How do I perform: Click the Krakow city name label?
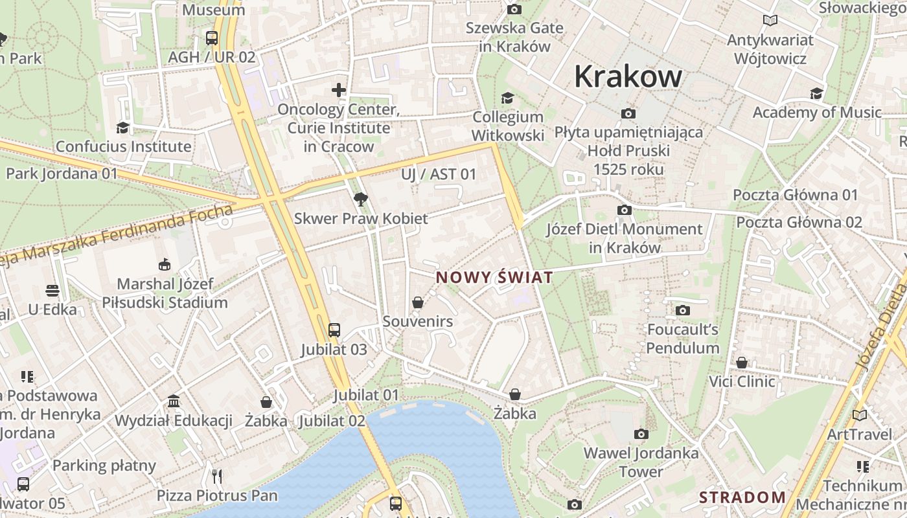[628, 76]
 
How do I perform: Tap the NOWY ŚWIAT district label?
[494, 278]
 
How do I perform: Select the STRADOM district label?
[742, 497]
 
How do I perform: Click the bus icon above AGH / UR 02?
[212, 38]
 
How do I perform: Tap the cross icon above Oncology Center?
[339, 90]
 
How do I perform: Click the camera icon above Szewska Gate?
[514, 9]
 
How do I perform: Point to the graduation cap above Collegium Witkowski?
[507, 98]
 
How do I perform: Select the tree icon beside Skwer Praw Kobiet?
[360, 199]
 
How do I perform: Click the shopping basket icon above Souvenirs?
[418, 302]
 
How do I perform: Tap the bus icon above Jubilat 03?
[334, 330]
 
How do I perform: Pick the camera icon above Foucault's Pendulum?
[682, 311]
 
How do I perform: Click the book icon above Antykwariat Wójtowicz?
[770, 21]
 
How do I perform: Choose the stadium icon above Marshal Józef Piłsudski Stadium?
[164, 264]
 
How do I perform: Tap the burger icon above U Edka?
[52, 291]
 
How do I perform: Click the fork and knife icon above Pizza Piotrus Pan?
[217, 477]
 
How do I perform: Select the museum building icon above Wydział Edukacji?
[174, 401]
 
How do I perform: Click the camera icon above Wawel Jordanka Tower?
[641, 434]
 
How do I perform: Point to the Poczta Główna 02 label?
[799, 223]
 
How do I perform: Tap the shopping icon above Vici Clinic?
[742, 363]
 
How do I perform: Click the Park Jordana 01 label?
[62, 174]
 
